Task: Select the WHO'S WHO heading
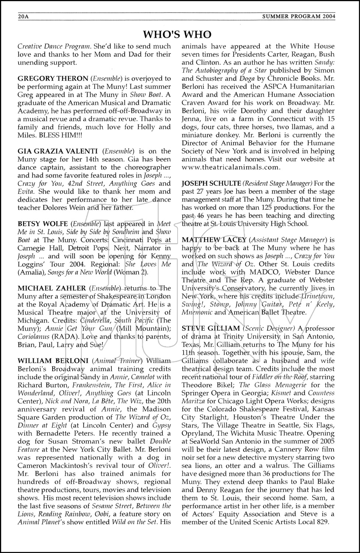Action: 177,34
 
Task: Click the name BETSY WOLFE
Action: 43,224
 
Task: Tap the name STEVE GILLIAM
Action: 210,328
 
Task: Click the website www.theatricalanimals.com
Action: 231,167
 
